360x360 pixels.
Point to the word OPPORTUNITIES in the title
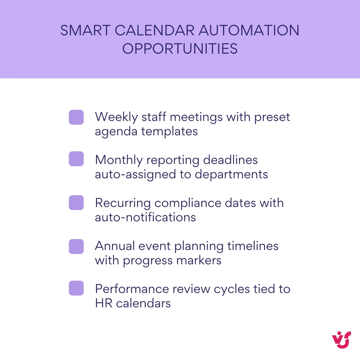click(x=180, y=49)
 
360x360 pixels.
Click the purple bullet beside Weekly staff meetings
click(x=76, y=117)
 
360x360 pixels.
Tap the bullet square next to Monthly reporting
click(x=76, y=159)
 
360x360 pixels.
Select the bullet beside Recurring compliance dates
click(x=76, y=203)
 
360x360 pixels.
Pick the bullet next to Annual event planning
click(x=76, y=246)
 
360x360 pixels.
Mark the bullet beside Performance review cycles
click(x=76, y=288)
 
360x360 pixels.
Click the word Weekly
click(x=115, y=117)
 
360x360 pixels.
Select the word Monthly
click(x=118, y=160)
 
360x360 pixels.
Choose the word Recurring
click(x=123, y=203)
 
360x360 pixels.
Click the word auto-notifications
click(x=145, y=217)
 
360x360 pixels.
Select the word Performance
click(x=132, y=289)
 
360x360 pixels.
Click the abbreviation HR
click(x=102, y=303)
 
